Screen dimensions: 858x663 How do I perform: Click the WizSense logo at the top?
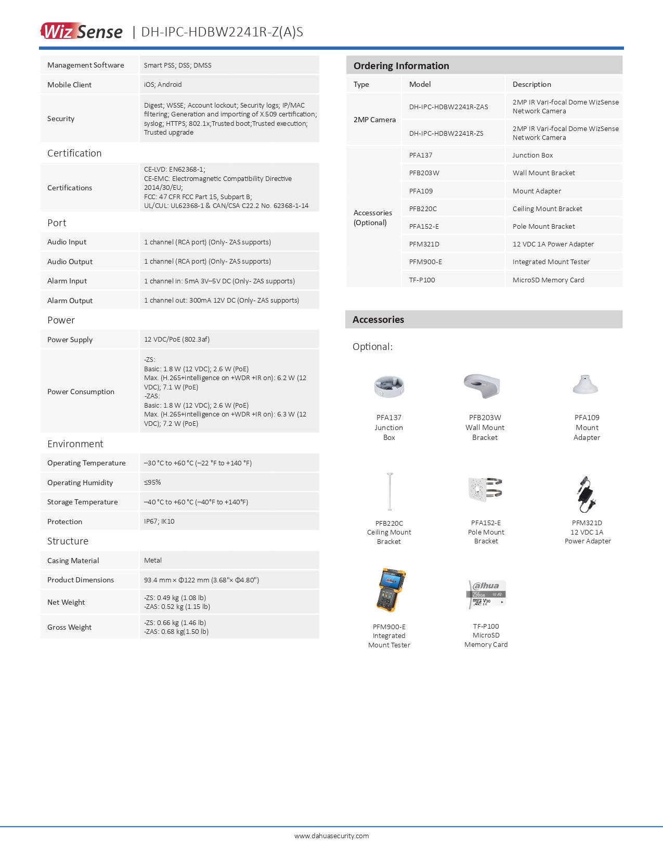tap(82, 31)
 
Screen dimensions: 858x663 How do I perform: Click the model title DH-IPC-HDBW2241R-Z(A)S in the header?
tap(222, 32)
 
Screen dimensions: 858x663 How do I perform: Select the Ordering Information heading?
tap(401, 66)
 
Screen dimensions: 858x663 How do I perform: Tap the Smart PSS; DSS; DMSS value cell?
tap(177, 65)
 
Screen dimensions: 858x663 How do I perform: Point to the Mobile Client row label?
tap(69, 85)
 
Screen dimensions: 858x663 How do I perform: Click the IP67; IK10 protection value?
tap(159, 521)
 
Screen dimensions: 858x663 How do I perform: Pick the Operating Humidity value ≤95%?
tap(152, 482)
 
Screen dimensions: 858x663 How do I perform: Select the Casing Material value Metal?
tap(153, 560)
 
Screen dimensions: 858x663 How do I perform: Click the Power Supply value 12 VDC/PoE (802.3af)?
tap(177, 339)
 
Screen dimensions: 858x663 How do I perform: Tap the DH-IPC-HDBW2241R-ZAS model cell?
tap(448, 107)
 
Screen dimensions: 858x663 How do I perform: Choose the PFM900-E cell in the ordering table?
tap(425, 262)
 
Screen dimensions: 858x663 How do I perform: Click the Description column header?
tap(531, 84)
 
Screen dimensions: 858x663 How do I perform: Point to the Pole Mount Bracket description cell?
tap(543, 226)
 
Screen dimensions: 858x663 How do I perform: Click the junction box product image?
tap(389, 386)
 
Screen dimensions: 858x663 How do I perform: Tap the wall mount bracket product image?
tap(482, 385)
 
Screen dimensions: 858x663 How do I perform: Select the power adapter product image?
tap(586, 494)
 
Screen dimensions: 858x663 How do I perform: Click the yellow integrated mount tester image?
tap(390, 590)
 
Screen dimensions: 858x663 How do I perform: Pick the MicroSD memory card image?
tap(487, 594)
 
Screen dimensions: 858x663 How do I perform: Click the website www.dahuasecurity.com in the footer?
tap(331, 836)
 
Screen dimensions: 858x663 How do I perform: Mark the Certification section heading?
tap(74, 153)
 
